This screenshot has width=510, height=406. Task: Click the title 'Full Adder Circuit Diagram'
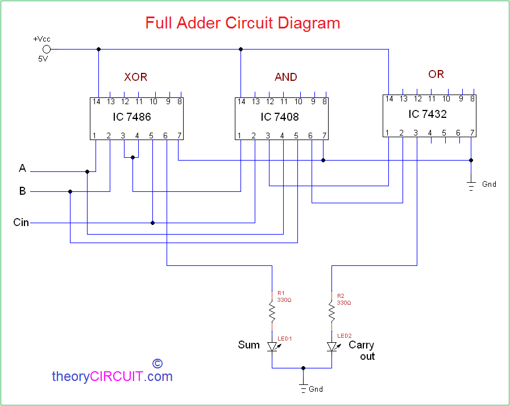point(243,23)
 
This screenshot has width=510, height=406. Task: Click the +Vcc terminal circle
point(47,49)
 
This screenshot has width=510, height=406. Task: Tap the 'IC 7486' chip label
point(131,117)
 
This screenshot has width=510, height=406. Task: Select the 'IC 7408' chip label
point(280,117)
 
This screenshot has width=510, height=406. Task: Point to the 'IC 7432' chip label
point(428,114)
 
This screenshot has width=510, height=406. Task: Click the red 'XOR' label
point(136,77)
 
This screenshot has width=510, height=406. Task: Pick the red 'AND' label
point(285,77)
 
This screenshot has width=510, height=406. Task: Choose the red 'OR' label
point(436,74)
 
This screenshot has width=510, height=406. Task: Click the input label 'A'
point(23,169)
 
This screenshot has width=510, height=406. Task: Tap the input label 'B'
point(23,191)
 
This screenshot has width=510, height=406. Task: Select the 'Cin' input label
point(21,223)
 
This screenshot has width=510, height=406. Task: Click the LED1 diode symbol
point(272,346)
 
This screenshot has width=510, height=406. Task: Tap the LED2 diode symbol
point(331,346)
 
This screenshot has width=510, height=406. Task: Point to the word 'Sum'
point(248,345)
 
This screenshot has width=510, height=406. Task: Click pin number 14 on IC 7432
point(389,99)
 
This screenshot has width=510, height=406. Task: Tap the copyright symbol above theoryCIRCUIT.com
point(157,363)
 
